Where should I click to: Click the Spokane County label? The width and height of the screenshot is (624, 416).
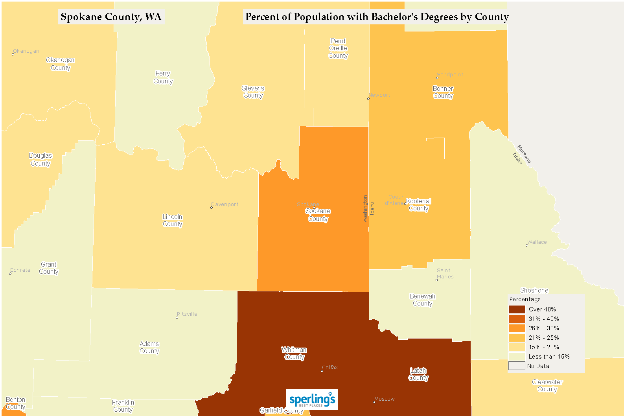318,215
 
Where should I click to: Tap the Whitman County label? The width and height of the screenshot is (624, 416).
294,353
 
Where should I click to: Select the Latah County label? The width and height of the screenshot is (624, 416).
418,374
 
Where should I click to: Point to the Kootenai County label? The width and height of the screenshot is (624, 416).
418,205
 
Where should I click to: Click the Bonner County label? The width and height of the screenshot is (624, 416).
443,92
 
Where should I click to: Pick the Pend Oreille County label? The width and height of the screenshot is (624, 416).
338,48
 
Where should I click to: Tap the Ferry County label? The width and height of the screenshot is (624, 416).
163,77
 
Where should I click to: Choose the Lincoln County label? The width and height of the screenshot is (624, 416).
172,221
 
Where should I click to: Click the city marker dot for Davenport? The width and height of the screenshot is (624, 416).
212,207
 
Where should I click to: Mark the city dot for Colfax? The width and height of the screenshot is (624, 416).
322,371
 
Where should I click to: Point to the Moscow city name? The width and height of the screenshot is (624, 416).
384,399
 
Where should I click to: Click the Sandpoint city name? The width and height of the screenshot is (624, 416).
450,74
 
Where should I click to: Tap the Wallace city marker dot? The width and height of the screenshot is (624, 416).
527,245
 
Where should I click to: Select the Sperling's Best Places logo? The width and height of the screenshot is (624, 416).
312,400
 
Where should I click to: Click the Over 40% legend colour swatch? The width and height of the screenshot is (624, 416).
517,309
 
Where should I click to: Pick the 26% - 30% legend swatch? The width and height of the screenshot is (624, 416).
517,328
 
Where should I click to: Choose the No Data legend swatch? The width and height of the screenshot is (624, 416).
517,366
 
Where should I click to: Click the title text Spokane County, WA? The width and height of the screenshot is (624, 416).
111,17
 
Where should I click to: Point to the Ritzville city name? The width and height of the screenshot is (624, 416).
187,314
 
